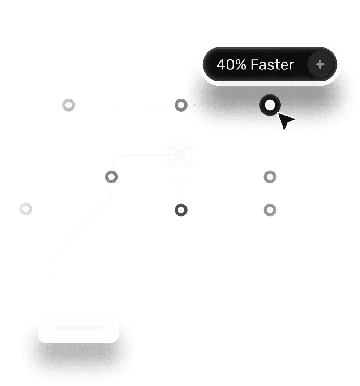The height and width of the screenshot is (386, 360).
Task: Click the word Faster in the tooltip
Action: click(272, 64)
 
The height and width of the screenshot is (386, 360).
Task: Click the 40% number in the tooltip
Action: click(231, 64)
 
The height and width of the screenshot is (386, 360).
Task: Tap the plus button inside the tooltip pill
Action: click(320, 64)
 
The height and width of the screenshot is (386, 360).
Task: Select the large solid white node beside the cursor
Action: click(270, 105)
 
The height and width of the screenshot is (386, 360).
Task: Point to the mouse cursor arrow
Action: click(285, 120)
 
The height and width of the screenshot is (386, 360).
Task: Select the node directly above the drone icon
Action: click(180, 105)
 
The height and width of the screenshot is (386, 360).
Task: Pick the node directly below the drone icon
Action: click(180, 209)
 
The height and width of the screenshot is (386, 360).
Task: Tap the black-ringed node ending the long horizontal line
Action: click(26, 209)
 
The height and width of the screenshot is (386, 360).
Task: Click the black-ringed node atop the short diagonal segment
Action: click(68, 105)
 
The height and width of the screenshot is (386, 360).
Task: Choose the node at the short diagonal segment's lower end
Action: click(111, 177)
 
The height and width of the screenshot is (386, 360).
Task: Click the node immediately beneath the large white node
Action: click(270, 177)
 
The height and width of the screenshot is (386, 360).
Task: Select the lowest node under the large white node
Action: click(270, 209)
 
